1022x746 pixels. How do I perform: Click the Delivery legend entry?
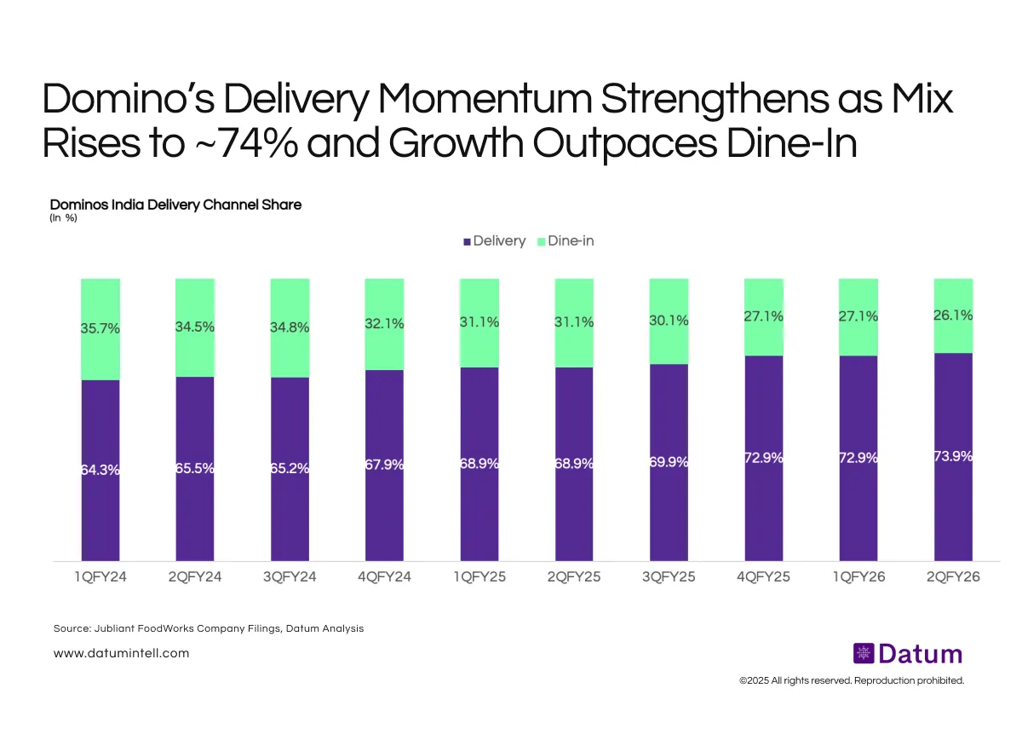pyautogui.click(x=494, y=241)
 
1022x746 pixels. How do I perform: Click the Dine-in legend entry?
pyautogui.click(x=566, y=241)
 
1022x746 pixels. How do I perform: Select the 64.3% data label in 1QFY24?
pyautogui.click(x=100, y=470)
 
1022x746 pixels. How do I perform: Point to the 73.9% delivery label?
pyautogui.click(x=954, y=456)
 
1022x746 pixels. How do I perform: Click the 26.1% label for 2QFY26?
pyautogui.click(x=954, y=315)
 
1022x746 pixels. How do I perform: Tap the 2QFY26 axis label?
pyautogui.click(x=953, y=577)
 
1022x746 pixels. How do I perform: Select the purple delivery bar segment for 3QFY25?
pyautogui.click(x=668, y=512)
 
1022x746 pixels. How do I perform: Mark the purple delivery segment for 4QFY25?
pyautogui.click(x=763, y=512)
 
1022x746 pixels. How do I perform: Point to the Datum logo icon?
pyautogui.click(x=863, y=654)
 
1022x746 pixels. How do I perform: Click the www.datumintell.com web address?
pyautogui.click(x=121, y=653)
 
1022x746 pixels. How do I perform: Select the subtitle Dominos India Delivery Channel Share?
pyautogui.click(x=175, y=205)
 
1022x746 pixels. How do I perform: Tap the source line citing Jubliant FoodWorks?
pyautogui.click(x=208, y=628)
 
